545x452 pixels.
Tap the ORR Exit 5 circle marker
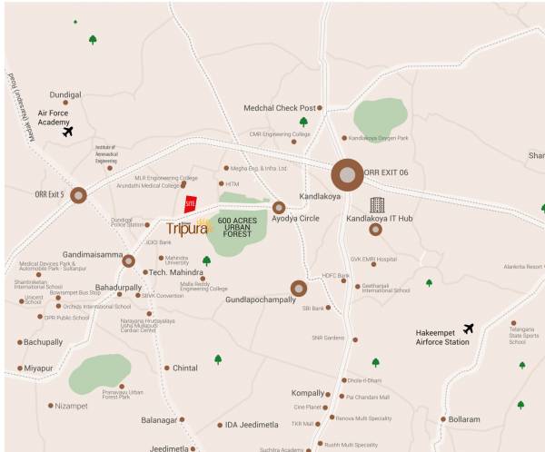[79, 194]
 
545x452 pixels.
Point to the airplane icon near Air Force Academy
[67, 132]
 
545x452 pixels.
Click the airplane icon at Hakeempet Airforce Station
[468, 329]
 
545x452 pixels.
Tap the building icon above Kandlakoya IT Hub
[377, 205]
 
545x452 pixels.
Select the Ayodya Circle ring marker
[279, 208]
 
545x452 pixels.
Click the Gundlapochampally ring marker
[299, 289]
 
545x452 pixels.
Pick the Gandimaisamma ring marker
[128, 260]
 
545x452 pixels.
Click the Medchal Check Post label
[280, 108]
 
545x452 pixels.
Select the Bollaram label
[463, 419]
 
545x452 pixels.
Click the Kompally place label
[307, 393]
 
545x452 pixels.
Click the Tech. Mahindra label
[174, 272]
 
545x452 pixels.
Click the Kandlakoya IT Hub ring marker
[375, 230]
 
